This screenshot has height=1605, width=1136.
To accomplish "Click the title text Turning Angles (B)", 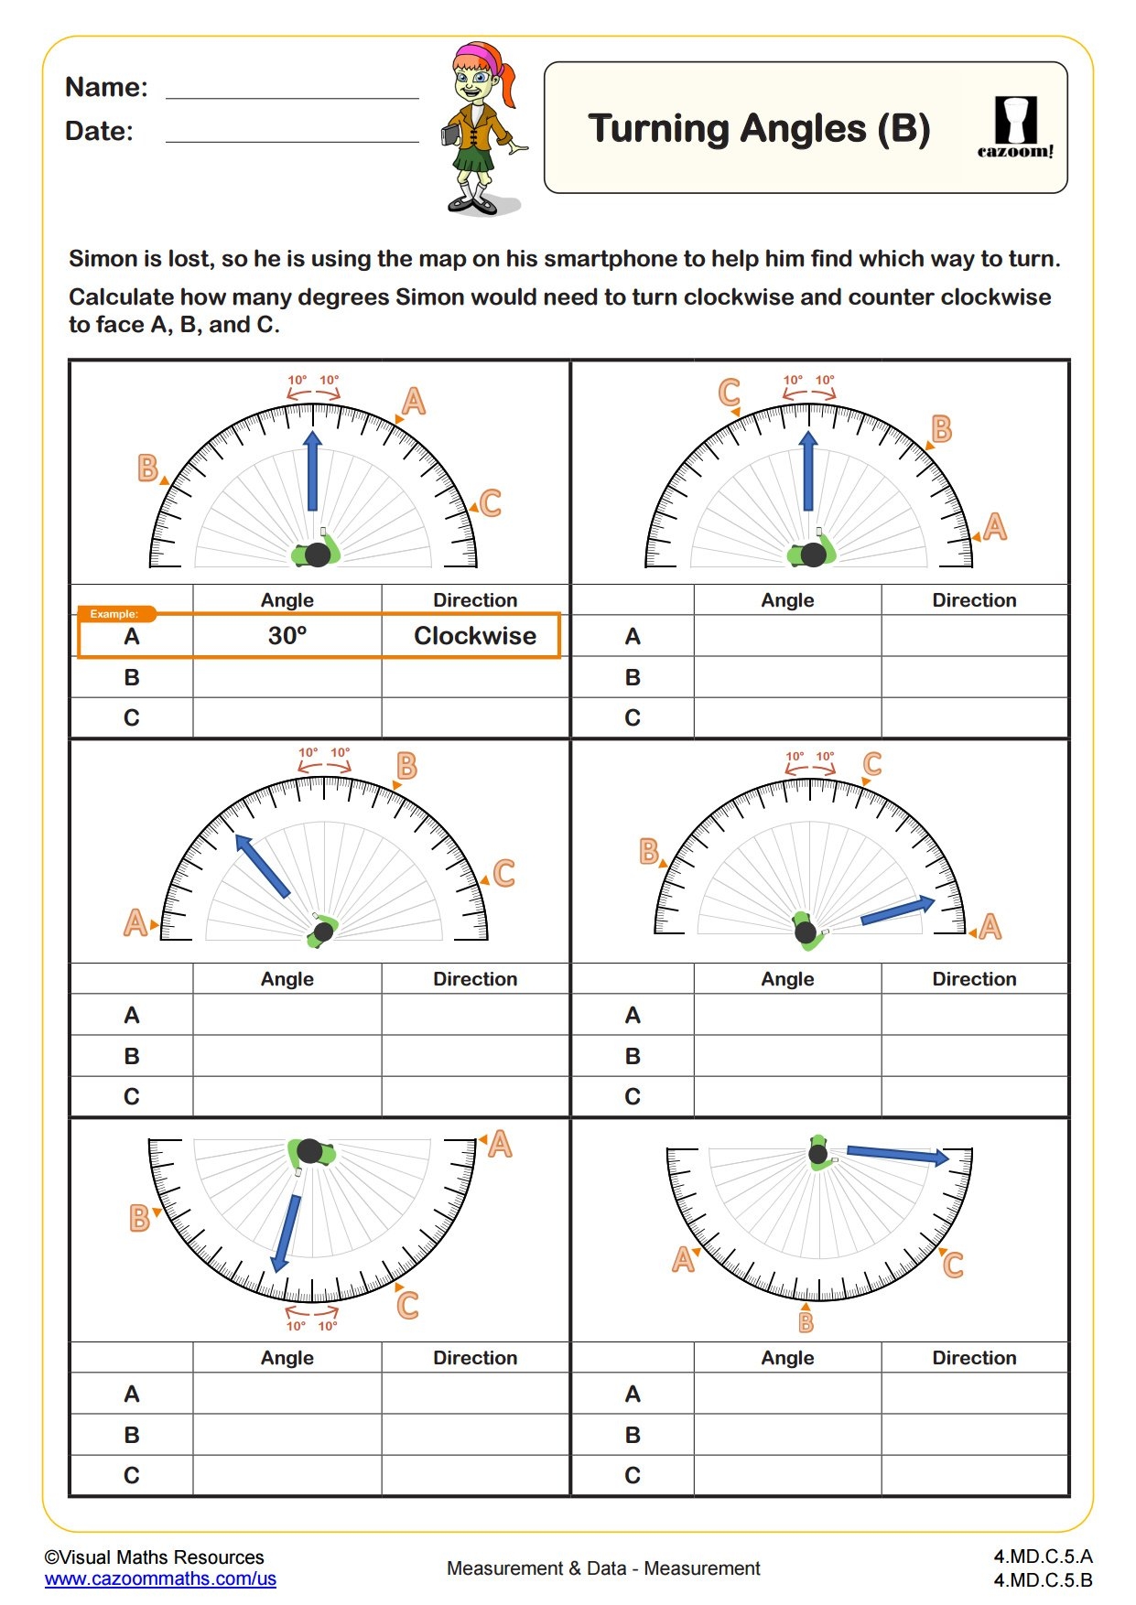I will [x=759, y=129].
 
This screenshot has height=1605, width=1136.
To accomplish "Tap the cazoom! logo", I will [x=1015, y=128].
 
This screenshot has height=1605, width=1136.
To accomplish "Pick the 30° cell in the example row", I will [x=287, y=636].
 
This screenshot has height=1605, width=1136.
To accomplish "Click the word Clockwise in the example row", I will [x=475, y=636].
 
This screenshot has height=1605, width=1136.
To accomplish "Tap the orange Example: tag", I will [x=114, y=614].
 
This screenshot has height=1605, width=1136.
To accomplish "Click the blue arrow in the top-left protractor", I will [x=313, y=471].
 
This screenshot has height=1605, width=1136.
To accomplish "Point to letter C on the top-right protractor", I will [x=729, y=393].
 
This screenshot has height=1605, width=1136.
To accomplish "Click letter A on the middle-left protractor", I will [x=135, y=922].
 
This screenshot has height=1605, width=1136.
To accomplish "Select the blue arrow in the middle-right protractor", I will [x=897, y=910].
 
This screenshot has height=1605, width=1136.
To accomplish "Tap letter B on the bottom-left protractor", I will [x=139, y=1218].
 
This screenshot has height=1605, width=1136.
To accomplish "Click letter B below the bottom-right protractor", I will [x=806, y=1321].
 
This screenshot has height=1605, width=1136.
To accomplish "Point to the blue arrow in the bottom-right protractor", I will [x=897, y=1155].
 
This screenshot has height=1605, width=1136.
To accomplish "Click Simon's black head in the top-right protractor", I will [x=813, y=555].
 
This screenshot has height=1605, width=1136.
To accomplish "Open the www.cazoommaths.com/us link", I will [x=160, y=1578].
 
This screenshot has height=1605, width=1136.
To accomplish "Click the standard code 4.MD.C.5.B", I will [x=1043, y=1580].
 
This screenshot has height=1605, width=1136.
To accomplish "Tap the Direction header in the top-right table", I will [x=974, y=600].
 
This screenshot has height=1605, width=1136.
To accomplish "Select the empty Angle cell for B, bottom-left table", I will [x=287, y=1435].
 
